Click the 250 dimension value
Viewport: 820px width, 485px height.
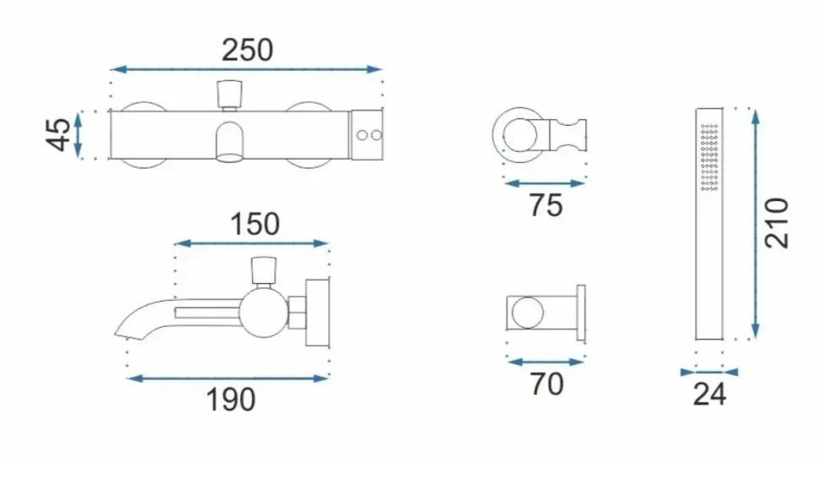coord(248,50)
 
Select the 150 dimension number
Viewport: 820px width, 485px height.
coord(255,224)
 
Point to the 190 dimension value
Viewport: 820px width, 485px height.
coord(231,400)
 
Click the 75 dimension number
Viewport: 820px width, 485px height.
coord(546,204)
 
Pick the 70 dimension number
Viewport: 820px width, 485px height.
coord(547,384)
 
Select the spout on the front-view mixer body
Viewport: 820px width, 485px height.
coord(230,142)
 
